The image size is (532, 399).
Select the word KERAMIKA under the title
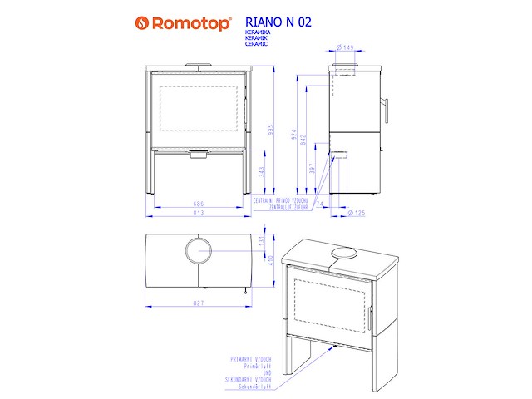coord(259,34)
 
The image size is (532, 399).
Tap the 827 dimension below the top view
coord(198,303)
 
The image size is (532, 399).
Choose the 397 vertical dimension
coord(312,170)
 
